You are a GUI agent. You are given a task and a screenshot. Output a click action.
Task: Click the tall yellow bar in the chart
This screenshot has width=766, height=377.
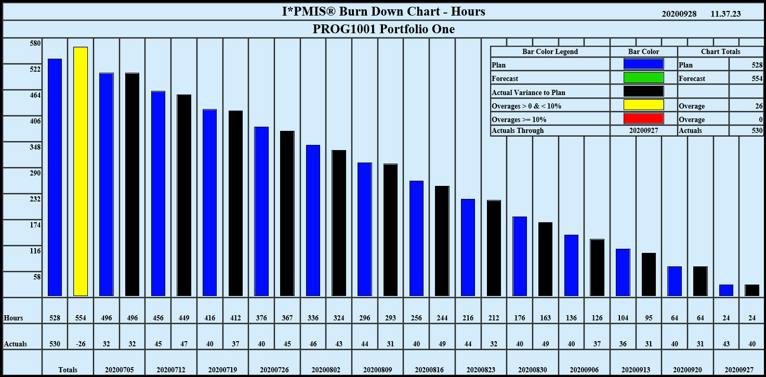pos(81,171)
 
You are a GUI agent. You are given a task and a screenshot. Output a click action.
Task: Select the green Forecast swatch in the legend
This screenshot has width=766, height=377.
pos(644,78)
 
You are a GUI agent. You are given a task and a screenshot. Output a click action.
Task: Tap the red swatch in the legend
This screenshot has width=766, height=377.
pos(644,118)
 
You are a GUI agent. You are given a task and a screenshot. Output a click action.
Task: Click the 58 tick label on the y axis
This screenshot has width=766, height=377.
pos(37,277)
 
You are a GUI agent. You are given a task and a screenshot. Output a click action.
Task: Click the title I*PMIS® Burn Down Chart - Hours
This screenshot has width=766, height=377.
pos(383,11)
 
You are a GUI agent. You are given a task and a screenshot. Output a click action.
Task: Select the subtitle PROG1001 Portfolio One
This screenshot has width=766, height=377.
pos(384,29)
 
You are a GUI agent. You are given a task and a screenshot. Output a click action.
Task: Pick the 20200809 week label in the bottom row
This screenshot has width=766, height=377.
pos(377,370)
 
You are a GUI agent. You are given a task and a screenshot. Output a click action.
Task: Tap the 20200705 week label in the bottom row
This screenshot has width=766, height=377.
pos(119,370)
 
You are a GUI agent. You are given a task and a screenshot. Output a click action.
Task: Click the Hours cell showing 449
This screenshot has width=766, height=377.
pos(184,318)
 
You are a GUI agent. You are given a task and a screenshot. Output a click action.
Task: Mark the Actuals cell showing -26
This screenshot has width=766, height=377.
pos(81,344)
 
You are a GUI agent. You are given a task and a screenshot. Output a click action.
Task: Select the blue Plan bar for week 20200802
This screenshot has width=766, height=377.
pos(313,221)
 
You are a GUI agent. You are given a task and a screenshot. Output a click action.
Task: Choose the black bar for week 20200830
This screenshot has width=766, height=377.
pos(545,259)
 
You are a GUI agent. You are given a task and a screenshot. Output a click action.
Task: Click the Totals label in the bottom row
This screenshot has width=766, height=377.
pos(68,370)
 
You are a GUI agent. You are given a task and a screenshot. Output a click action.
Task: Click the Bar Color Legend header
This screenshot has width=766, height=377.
pos(550,51)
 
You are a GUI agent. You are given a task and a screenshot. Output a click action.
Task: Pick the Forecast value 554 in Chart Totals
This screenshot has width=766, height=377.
pos(756,78)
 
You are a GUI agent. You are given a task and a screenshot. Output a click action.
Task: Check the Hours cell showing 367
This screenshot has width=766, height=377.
pos(287,318)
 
